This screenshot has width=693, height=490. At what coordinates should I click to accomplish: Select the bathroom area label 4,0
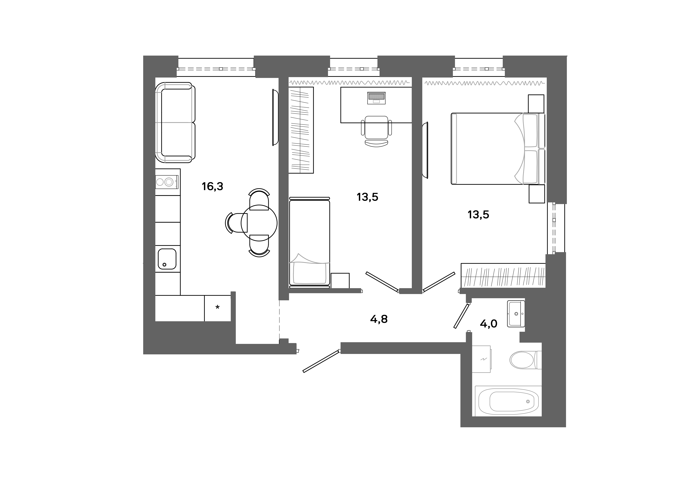click(x=488, y=324)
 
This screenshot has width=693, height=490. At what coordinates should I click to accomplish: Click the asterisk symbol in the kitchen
click(x=217, y=308)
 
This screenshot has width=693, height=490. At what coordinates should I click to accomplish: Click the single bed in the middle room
click(x=309, y=241)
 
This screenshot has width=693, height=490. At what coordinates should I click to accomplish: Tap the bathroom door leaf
click(x=461, y=316)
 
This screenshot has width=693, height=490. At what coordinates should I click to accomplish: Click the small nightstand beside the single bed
click(x=340, y=281)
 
